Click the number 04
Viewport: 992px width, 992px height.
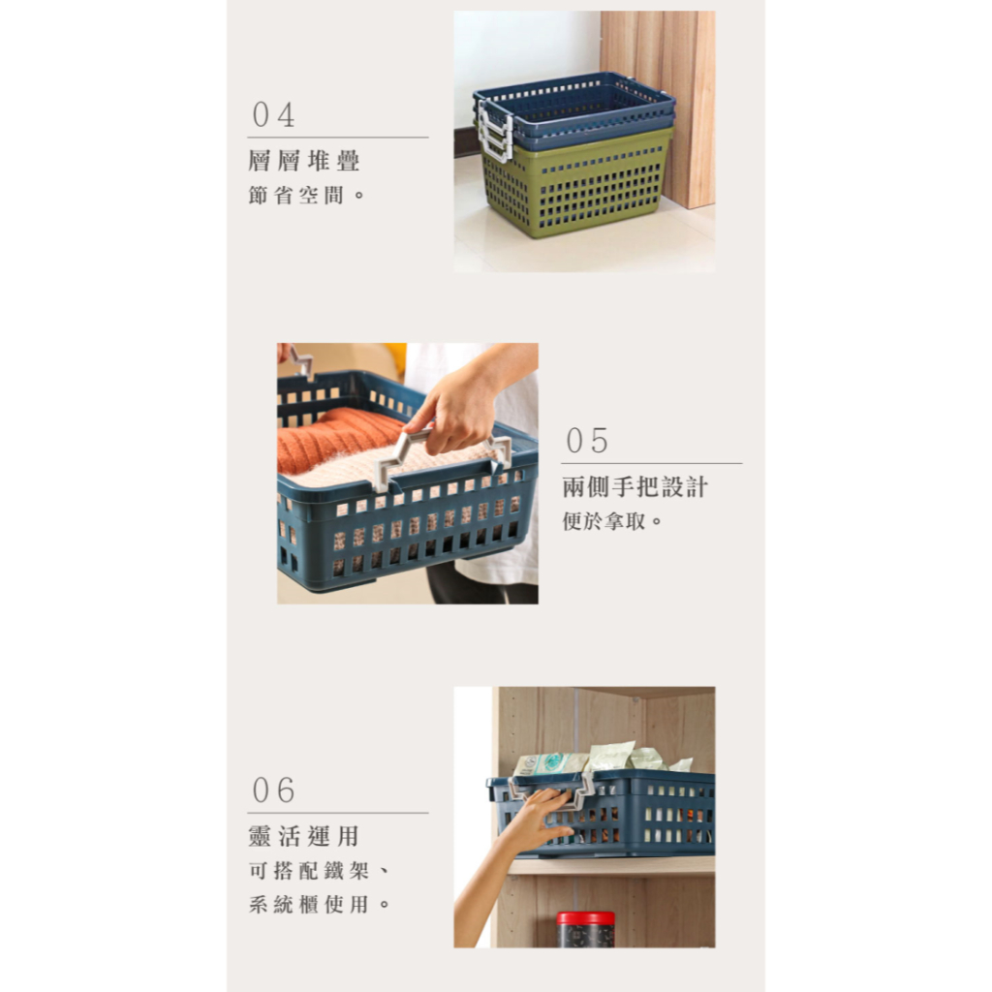pyautogui.click(x=273, y=115)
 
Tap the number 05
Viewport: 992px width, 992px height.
pyautogui.click(x=587, y=441)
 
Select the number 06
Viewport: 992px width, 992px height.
pyautogui.click(x=273, y=790)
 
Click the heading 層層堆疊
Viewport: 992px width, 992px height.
pyautogui.click(x=303, y=161)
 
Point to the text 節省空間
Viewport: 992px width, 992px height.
pyautogui.click(x=307, y=195)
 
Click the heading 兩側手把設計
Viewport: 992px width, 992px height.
pyautogui.click(x=635, y=487)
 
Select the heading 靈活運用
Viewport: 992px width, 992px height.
pyautogui.click(x=303, y=836)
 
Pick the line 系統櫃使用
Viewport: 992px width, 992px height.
pyautogui.click(x=319, y=905)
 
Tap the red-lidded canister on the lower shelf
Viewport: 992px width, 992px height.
pyautogui.click(x=585, y=929)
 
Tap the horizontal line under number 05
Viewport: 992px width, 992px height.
pyautogui.click(x=651, y=464)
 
